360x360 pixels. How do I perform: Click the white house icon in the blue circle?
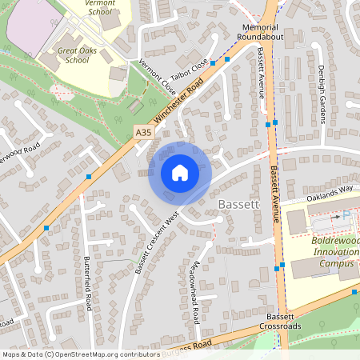(180, 173)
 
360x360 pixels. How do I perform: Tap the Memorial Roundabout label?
(259, 32)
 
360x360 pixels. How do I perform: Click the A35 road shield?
(143, 131)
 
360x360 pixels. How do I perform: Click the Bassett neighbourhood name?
(238, 206)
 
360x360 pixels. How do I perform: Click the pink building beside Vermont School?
(30, 20)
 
